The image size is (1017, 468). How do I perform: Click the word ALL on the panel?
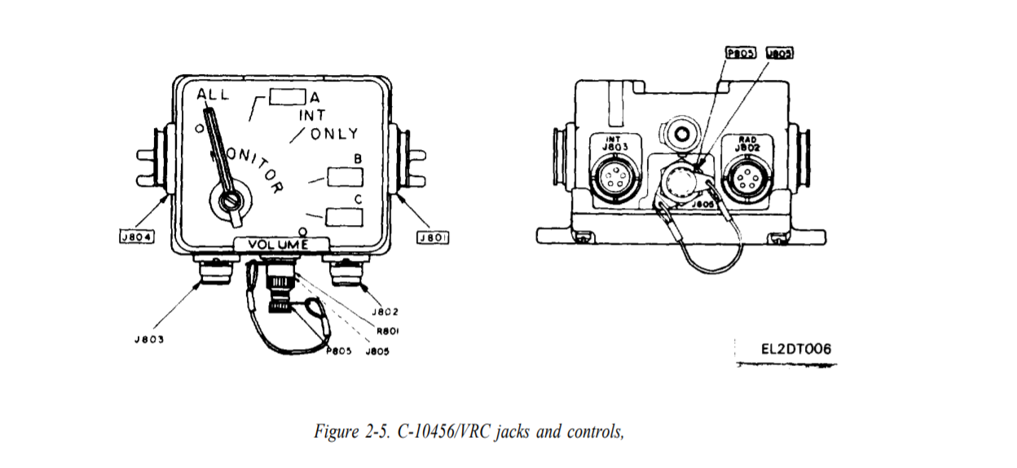tap(214, 95)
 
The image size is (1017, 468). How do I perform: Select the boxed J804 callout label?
tap(136, 237)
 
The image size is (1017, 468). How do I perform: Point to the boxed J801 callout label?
tap(434, 237)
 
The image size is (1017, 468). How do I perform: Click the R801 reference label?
tap(387, 331)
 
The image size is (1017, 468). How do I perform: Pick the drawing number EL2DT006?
tap(796, 349)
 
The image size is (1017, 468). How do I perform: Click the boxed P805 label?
tap(741, 53)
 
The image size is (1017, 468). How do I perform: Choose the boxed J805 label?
tap(779, 53)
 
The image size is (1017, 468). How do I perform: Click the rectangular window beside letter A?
tap(286, 97)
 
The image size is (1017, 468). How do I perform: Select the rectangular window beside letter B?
tap(344, 177)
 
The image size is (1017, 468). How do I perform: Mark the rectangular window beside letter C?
tap(344, 216)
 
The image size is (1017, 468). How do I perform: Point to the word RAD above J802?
tap(748, 139)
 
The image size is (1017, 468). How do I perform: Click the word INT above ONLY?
tap(311, 116)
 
